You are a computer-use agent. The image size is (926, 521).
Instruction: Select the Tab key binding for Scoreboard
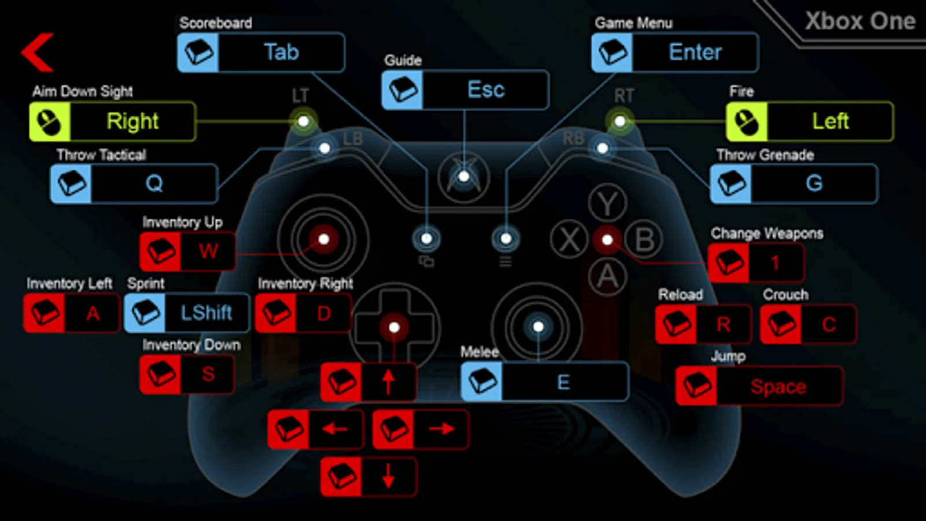pyautogui.click(x=261, y=53)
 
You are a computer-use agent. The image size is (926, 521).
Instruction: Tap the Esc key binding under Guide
pyautogui.click(x=465, y=90)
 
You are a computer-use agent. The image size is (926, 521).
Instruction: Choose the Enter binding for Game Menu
pyautogui.click(x=675, y=53)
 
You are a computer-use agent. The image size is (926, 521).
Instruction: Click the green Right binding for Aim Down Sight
pyautogui.click(x=112, y=122)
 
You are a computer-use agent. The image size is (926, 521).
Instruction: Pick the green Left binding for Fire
pyautogui.click(x=810, y=122)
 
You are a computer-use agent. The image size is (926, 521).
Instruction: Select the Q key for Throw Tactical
pyautogui.click(x=134, y=184)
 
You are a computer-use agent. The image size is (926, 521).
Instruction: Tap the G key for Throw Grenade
pyautogui.click(x=794, y=184)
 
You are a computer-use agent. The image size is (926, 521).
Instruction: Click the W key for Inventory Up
pyautogui.click(x=188, y=251)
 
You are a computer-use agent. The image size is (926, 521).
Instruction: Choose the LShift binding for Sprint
pyautogui.click(x=187, y=313)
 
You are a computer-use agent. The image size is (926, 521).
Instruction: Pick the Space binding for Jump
pyautogui.click(x=759, y=386)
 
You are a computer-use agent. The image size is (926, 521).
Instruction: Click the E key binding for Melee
pyautogui.click(x=545, y=381)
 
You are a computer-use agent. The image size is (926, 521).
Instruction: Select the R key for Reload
pyautogui.click(x=703, y=324)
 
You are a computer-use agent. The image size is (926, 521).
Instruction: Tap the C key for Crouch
pyautogui.click(x=808, y=324)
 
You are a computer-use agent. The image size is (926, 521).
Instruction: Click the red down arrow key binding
pyautogui.click(x=369, y=477)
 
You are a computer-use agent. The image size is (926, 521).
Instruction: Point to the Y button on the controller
pyautogui.click(x=607, y=203)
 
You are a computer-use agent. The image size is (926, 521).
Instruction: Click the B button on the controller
pyautogui.click(x=645, y=239)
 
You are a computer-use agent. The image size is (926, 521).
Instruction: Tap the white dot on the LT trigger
pyautogui.click(x=303, y=121)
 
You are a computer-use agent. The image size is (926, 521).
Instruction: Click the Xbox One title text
pyautogui.click(x=860, y=21)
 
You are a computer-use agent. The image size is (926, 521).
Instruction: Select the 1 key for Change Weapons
pyautogui.click(x=756, y=263)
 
